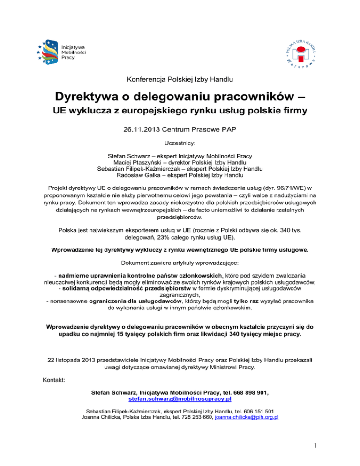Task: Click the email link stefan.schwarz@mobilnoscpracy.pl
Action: pyautogui.click(x=180, y=399)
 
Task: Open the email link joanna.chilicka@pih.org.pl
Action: pyautogui.click(x=247, y=417)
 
